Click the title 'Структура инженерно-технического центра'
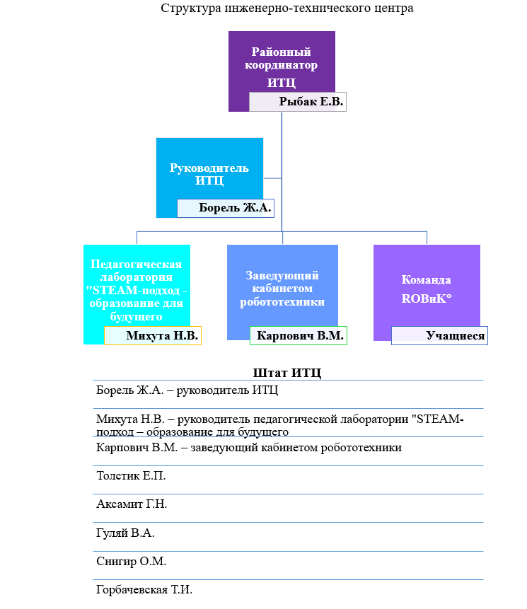click(286, 9)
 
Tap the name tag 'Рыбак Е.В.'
click(298, 103)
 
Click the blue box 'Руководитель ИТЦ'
click(209, 173)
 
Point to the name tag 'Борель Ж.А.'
click(225, 209)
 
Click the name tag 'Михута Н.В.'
click(153, 335)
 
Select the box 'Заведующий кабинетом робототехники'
click(282, 288)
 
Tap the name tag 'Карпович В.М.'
click(298, 336)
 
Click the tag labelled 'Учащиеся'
click(440, 336)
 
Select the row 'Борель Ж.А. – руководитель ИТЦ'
click(187, 390)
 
